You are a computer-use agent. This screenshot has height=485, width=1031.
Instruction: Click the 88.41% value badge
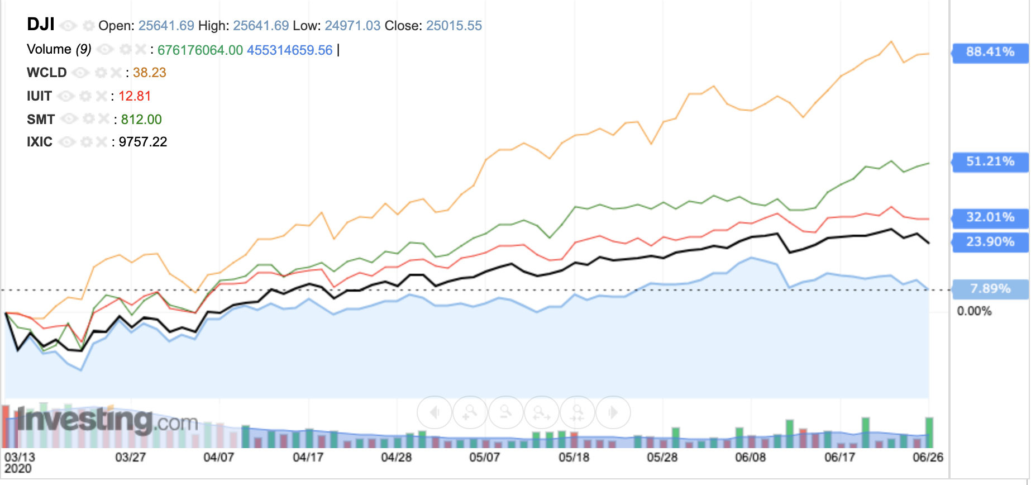coord(990,52)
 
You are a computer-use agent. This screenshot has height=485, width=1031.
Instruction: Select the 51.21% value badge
coord(990,161)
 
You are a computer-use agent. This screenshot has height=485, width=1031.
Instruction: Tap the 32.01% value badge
coord(990,217)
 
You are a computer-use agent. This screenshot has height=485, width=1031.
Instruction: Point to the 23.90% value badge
coord(990,242)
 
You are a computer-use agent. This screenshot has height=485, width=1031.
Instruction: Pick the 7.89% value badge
coord(990,289)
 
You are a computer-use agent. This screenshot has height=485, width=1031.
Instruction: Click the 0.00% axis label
coord(974,311)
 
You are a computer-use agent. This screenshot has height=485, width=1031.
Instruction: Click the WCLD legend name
coord(47,73)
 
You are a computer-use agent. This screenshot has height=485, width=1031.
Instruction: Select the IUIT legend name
coord(39,96)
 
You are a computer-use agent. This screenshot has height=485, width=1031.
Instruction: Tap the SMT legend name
coord(41,120)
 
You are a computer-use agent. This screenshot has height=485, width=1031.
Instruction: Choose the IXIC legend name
coord(40,142)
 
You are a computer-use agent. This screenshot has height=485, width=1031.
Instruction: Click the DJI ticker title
coord(41,25)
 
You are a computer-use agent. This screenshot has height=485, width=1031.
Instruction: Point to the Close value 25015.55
coord(454,26)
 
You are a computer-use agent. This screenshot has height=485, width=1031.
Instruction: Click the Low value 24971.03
coord(352,26)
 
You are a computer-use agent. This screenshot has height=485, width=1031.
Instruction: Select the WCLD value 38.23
coord(149,73)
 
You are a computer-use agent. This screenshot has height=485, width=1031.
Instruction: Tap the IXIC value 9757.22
coord(143,142)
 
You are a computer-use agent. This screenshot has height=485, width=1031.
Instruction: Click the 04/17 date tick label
coord(308,458)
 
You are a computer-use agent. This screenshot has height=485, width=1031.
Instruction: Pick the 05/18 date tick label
coord(574,458)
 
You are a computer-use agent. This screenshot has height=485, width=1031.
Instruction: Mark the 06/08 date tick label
coord(750,458)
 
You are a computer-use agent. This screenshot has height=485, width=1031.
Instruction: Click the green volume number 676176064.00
coord(200,50)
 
